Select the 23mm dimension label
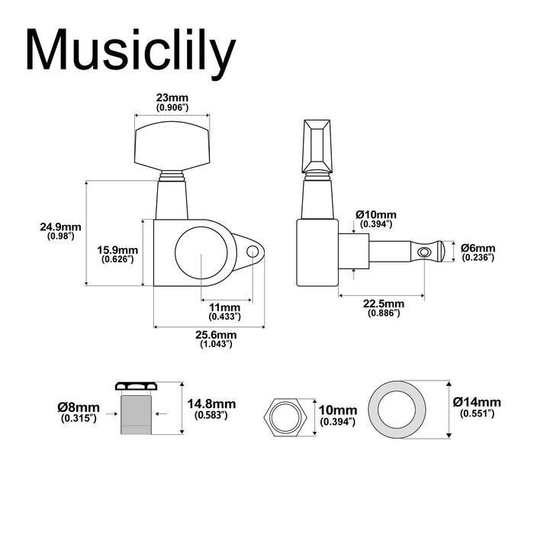tap(172, 98)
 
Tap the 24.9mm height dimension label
tap(60, 227)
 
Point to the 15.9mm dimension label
tap(117, 250)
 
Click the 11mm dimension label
tap(224, 307)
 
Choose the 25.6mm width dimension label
tap(216, 335)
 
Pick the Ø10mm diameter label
tap(376, 215)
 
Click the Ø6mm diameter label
tap(478, 248)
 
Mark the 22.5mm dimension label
tap(384, 304)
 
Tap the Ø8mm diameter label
tap(79, 407)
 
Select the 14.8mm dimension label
tap(211, 404)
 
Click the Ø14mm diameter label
tap(477, 402)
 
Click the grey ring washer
tap(397, 410)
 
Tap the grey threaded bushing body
tap(137, 413)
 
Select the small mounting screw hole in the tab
tap(252, 252)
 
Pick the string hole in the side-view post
tap(423, 253)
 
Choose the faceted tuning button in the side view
tap(317, 146)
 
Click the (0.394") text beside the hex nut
tap(337, 422)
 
